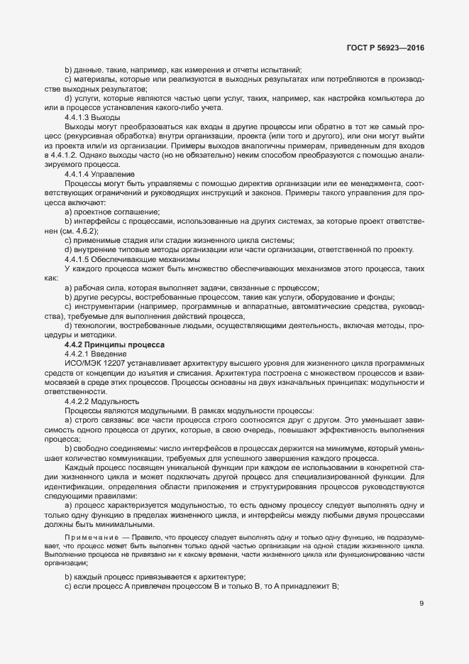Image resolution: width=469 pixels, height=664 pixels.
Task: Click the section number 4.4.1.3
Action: (79, 116)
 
